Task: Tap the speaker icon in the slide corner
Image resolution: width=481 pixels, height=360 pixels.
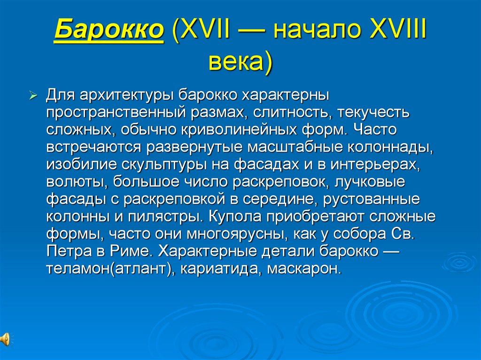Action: point(5,338)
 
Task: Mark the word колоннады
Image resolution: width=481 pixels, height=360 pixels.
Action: point(389,147)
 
